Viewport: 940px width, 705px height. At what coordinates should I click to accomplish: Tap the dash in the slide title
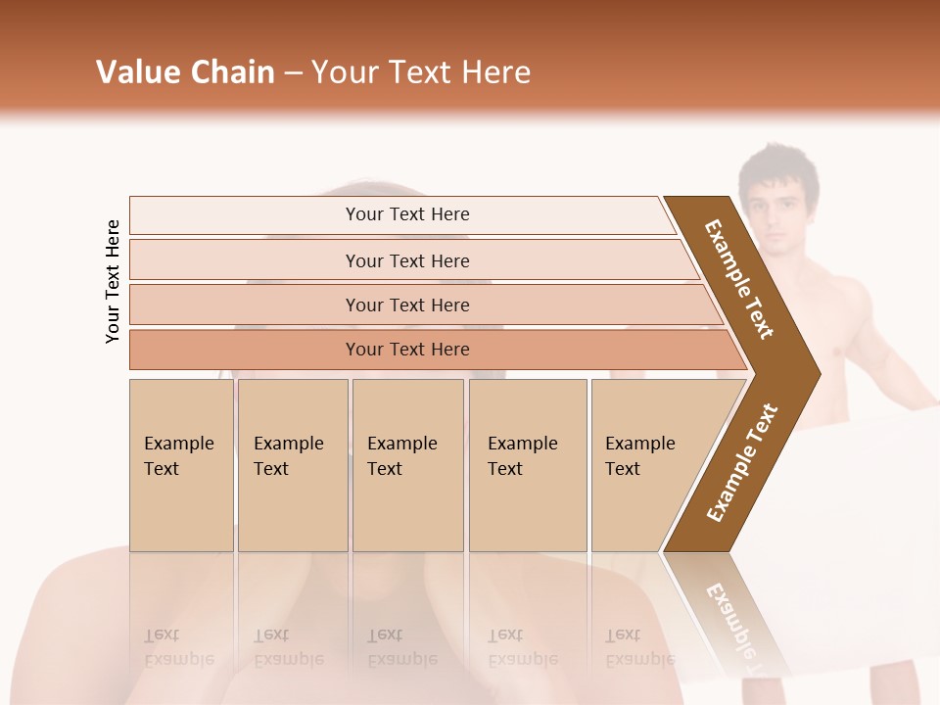[x=293, y=73]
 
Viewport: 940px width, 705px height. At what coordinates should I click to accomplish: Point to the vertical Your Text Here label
[x=113, y=281]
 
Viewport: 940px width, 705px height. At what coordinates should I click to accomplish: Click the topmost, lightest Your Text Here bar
[x=406, y=214]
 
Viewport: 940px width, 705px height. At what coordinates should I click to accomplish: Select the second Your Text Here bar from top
[x=406, y=260]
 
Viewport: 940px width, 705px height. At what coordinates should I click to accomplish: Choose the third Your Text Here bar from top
[x=406, y=305]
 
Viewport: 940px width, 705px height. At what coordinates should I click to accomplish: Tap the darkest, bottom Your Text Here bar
[x=406, y=350]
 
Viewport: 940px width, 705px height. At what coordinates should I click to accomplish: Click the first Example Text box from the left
[x=181, y=464]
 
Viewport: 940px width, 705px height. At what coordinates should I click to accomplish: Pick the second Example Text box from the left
[x=292, y=464]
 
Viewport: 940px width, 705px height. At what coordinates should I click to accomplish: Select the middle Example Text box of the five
[x=407, y=464]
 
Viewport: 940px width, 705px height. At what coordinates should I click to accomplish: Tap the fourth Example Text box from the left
[x=527, y=464]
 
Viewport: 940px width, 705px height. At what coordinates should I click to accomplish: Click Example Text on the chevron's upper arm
[x=739, y=279]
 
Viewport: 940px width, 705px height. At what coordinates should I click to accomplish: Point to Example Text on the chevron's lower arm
[x=742, y=462]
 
